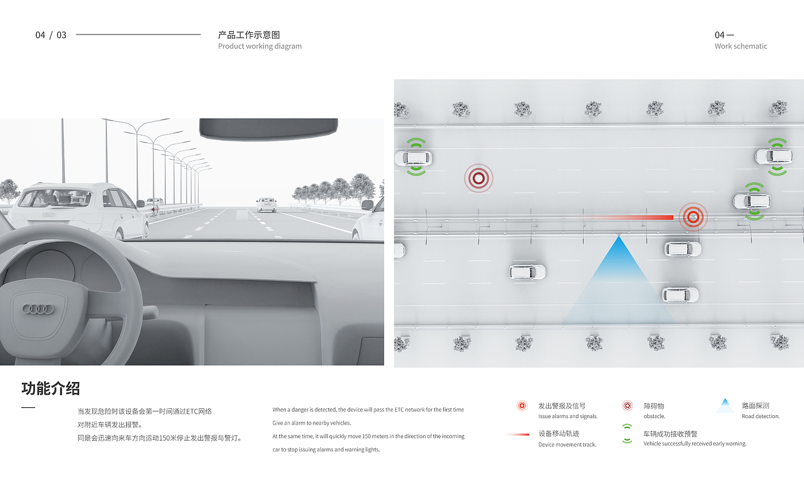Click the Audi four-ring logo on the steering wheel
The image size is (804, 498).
[x=38, y=309]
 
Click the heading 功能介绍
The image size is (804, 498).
[x=51, y=389]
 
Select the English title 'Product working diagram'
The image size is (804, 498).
[x=260, y=47]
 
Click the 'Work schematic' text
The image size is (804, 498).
[x=741, y=47]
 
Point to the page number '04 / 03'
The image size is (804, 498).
[x=51, y=35]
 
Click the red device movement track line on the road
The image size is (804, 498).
[x=632, y=218]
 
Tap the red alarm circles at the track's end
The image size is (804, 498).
[x=693, y=217]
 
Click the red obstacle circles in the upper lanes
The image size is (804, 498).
[x=478, y=178]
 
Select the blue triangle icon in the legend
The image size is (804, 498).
[x=725, y=406]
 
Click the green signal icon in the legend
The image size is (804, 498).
[x=627, y=434]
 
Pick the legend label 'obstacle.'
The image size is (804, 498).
[x=654, y=416]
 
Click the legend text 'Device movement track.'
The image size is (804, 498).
[x=567, y=445]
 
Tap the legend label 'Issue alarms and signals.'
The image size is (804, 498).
[x=568, y=416]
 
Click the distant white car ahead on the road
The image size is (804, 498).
[x=266, y=204]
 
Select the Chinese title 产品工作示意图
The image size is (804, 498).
[x=249, y=35]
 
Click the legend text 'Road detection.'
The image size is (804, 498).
[x=761, y=416]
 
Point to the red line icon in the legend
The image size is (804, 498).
[x=518, y=434]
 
